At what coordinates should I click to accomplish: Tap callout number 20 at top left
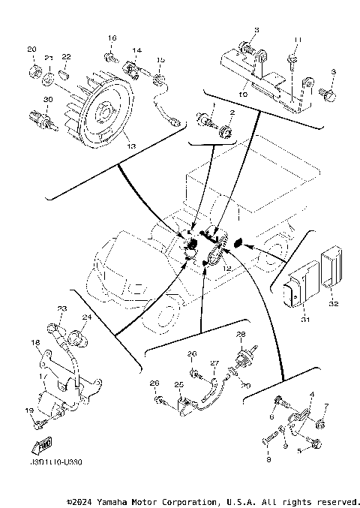[x=31, y=50]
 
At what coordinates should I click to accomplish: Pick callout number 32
[x=333, y=305]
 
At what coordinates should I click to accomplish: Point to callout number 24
[x=86, y=317]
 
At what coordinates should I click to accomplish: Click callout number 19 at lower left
[x=31, y=411]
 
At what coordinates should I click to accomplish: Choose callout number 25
[x=179, y=385]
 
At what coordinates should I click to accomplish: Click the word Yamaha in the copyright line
[x=116, y=501]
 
